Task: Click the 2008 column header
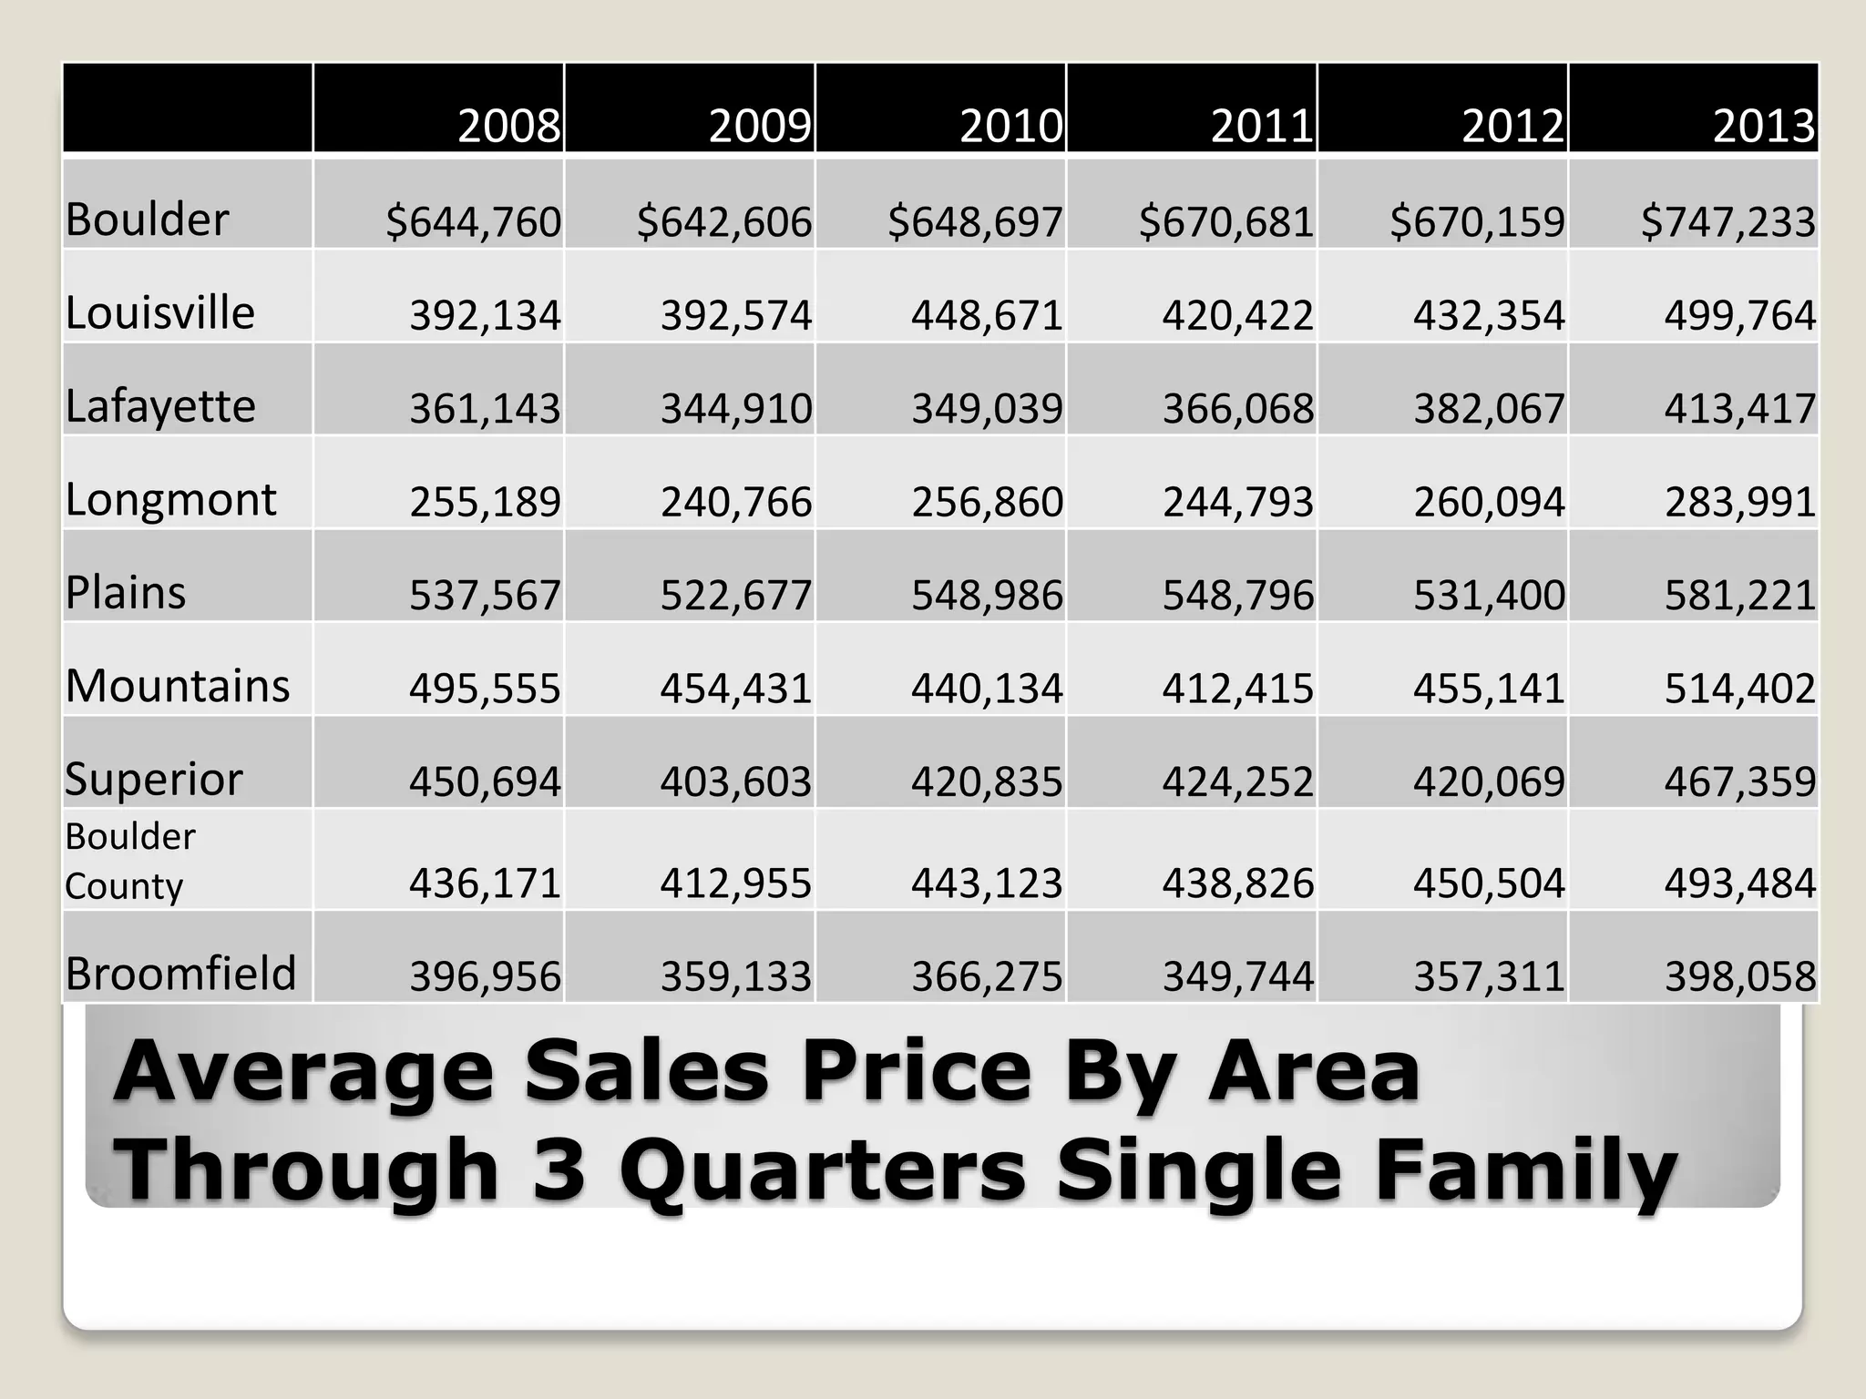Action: (x=508, y=126)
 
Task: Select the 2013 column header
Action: (x=1764, y=126)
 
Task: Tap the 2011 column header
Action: (x=1262, y=126)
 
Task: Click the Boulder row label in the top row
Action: (x=147, y=220)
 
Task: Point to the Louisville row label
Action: (x=159, y=313)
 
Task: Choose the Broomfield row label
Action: (x=180, y=973)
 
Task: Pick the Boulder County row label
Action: (x=129, y=861)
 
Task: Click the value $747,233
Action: (x=1728, y=222)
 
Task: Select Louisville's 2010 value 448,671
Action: (x=987, y=316)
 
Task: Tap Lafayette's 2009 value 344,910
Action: (x=735, y=409)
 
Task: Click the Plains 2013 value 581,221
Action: (x=1739, y=596)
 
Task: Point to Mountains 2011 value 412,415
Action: (x=1237, y=689)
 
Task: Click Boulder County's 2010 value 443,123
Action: (x=987, y=883)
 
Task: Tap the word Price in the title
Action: (x=916, y=1073)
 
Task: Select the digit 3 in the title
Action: (x=559, y=1170)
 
